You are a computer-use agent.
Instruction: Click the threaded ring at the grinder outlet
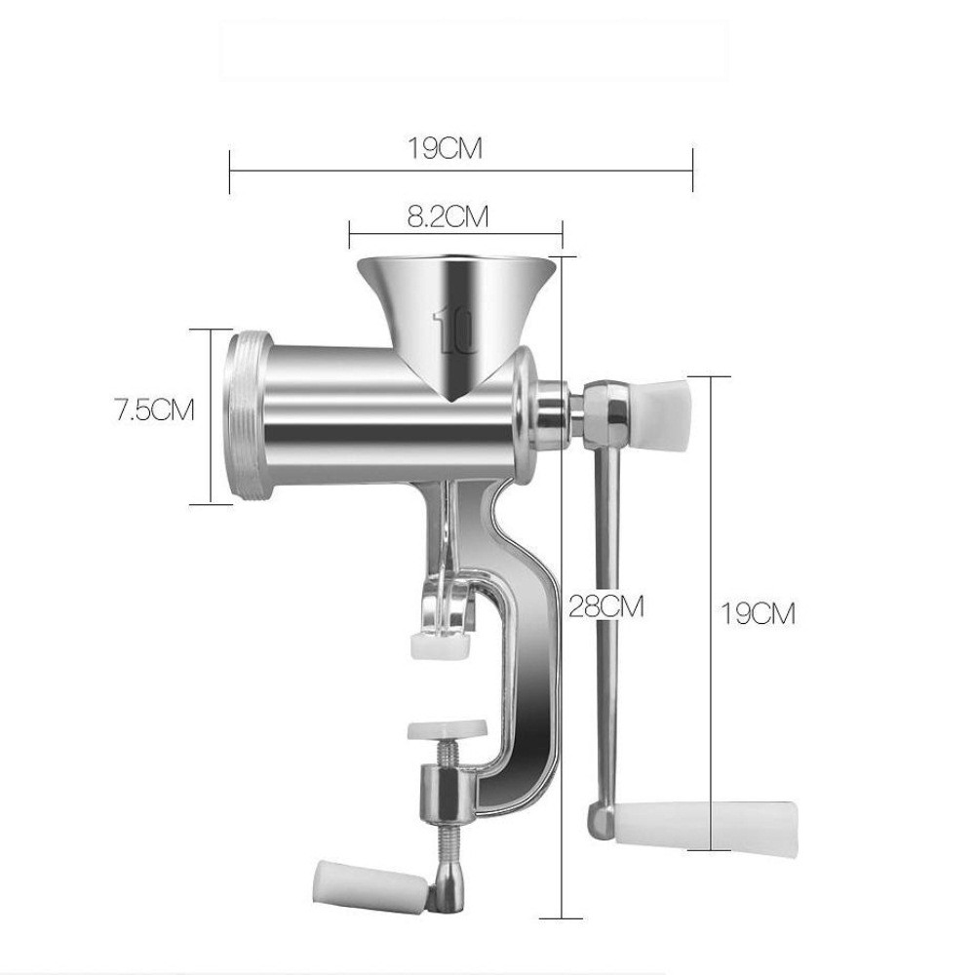[x=245, y=414]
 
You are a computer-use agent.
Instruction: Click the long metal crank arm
[x=607, y=604]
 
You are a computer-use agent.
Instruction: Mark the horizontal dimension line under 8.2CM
[x=456, y=231]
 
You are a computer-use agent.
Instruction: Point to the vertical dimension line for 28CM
[x=565, y=682]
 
